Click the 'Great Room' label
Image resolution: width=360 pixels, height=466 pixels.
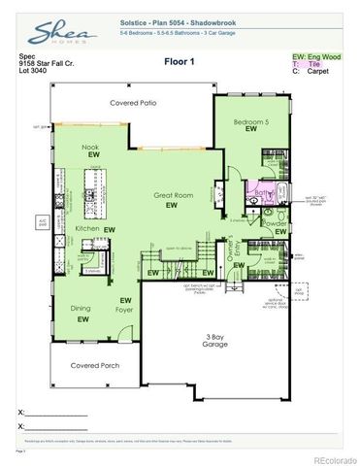click(x=170, y=195)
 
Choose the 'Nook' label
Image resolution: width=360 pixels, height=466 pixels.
click(x=90, y=147)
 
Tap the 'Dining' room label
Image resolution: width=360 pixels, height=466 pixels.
click(x=81, y=309)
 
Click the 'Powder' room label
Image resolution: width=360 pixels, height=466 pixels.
click(x=275, y=223)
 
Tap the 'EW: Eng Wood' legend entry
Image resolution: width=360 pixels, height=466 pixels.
click(x=317, y=56)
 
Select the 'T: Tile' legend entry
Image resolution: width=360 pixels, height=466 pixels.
click(x=305, y=64)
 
